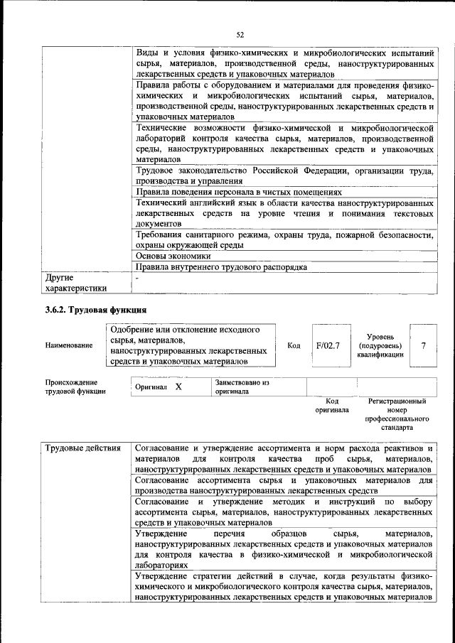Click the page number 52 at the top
(240, 33)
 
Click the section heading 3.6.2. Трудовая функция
(96, 310)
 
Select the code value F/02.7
(328, 345)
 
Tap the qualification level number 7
(423, 345)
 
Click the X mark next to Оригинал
(178, 387)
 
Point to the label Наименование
(69, 346)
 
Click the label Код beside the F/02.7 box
(293, 345)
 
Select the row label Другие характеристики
(76, 283)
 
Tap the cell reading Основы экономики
(174, 256)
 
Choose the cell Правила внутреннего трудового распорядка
(221, 267)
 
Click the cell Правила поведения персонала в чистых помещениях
(239, 192)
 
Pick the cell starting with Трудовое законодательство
(284, 176)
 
